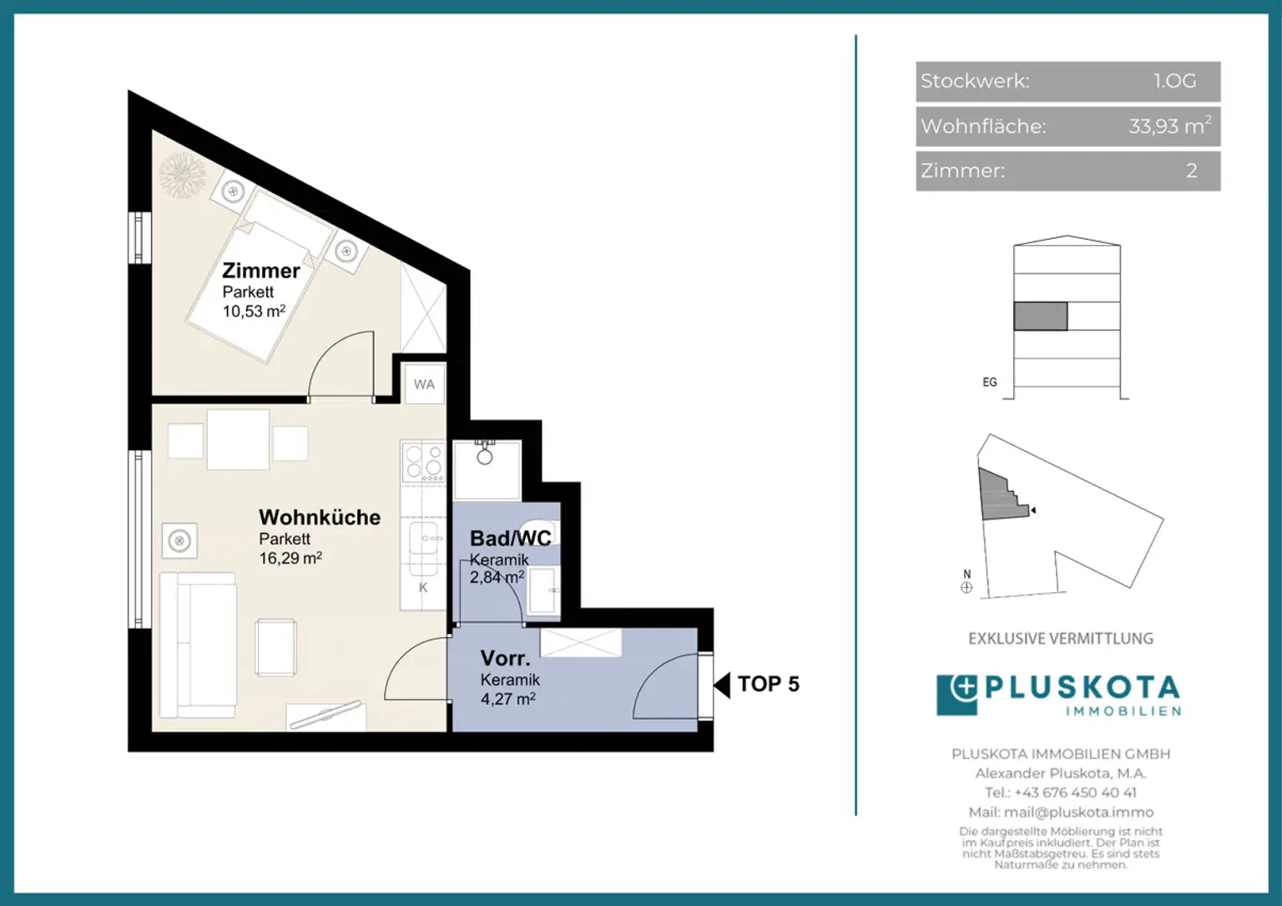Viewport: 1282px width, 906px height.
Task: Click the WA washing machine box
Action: (424, 384)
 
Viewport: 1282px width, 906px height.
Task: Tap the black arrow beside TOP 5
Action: (722, 685)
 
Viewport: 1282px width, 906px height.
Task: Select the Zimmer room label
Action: (261, 271)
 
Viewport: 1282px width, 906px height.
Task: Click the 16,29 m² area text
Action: (290, 558)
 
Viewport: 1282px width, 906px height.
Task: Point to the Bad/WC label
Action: (511, 538)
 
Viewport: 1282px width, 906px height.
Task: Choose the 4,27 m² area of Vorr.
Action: (508, 699)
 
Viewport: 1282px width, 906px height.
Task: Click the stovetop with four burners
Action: (423, 462)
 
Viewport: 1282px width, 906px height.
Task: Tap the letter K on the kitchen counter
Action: (423, 588)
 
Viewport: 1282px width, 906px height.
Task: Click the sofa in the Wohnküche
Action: (198, 645)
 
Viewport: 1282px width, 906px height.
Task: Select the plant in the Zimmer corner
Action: (182, 174)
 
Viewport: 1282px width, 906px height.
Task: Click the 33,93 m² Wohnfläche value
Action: (1169, 125)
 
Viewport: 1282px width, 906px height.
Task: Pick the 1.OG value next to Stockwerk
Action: (1174, 81)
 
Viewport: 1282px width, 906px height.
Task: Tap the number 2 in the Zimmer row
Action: (1192, 170)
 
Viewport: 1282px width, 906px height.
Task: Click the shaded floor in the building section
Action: (1041, 316)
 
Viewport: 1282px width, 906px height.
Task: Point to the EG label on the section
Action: (990, 382)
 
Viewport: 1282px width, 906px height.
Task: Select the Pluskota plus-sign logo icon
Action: (957, 696)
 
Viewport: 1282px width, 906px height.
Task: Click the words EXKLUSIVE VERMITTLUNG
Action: (1061, 639)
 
